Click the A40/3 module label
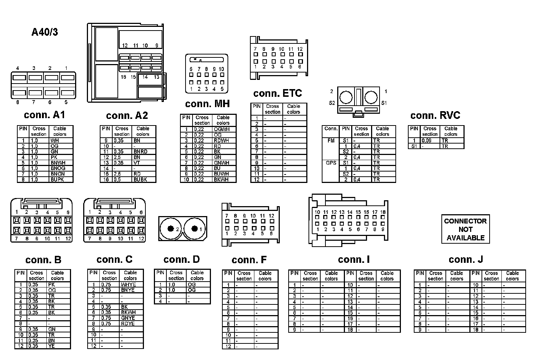click(x=45, y=32)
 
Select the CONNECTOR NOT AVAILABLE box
click(x=465, y=229)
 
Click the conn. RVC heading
click(x=435, y=116)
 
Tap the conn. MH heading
click(x=207, y=104)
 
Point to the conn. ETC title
click(x=277, y=93)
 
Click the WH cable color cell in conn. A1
click(x=55, y=141)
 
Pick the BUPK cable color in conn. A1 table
click(x=58, y=180)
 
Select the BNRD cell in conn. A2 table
click(x=140, y=152)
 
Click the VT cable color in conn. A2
click(x=137, y=163)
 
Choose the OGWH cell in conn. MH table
click(x=221, y=130)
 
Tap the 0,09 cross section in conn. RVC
click(x=427, y=141)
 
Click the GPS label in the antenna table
click(x=331, y=163)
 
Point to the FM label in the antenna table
click(x=331, y=141)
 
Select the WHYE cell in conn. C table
click(x=128, y=285)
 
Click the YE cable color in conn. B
click(x=52, y=346)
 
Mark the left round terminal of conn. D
click(x=170, y=229)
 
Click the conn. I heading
click(x=353, y=260)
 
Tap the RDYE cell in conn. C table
click(x=128, y=324)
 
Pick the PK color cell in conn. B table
click(x=52, y=285)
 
